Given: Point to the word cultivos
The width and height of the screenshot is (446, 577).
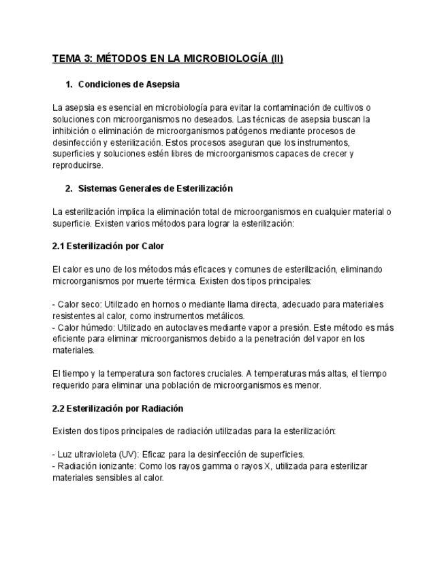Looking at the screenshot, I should [349, 108].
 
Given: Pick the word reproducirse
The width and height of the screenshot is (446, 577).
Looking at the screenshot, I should [78, 165].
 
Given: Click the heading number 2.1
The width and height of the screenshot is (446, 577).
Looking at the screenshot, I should [60, 246].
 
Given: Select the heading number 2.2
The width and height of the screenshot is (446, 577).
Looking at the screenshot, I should [60, 408].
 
